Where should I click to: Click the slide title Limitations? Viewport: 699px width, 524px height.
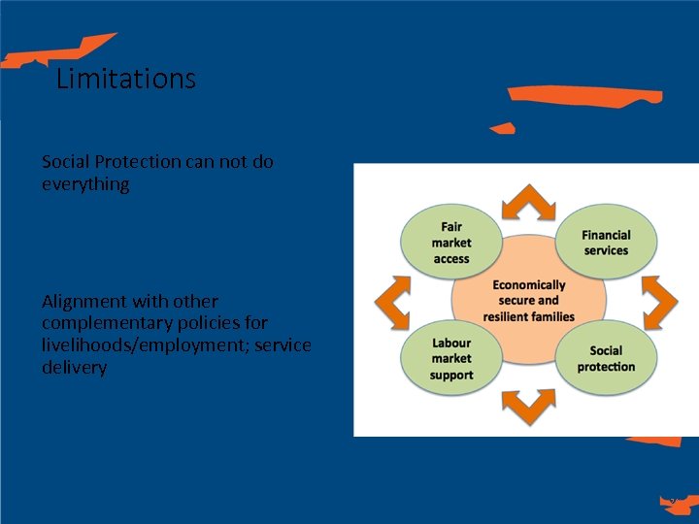coord(126,78)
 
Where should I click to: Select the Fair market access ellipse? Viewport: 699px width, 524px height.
coord(451,243)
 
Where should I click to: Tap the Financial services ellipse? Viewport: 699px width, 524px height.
coord(607,243)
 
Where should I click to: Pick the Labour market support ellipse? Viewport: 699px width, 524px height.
coord(451,359)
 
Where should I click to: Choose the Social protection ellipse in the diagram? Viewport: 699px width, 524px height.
coord(607,359)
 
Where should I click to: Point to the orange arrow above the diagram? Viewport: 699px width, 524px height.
coord(529,201)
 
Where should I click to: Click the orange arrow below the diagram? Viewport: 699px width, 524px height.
coord(529,407)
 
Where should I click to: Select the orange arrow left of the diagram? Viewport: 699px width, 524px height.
coord(392,302)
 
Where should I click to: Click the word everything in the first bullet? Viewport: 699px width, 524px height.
coord(85,183)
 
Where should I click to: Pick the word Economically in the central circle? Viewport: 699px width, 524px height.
coord(529,285)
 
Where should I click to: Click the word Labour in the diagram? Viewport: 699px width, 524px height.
coord(451,344)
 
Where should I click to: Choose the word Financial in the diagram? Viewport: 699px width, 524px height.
coord(607,235)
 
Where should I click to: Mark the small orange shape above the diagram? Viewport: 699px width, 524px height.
coord(502,128)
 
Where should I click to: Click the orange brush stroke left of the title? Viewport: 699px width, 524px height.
coord(58,51)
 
